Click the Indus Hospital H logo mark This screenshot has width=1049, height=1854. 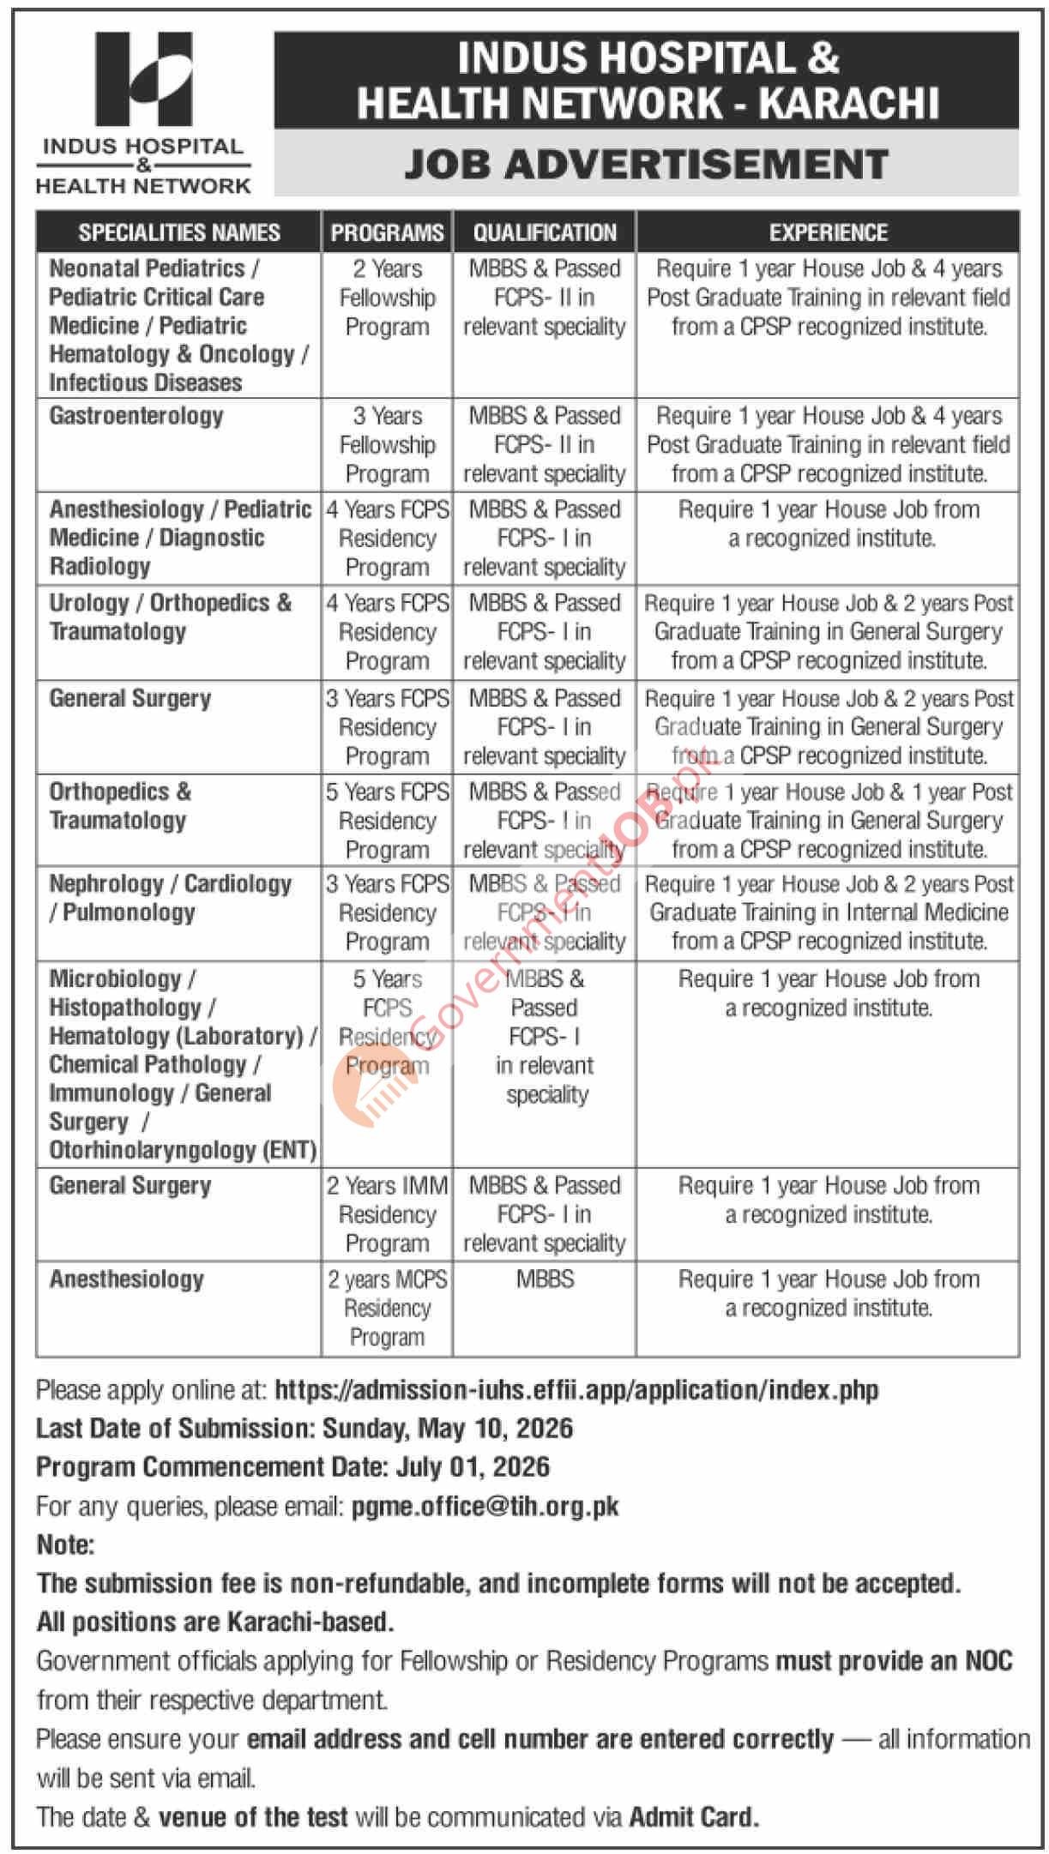[x=143, y=79]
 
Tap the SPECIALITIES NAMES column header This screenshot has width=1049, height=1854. [x=179, y=232]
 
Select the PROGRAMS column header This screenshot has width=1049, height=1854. [x=387, y=232]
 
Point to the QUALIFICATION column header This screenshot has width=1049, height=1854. [x=545, y=232]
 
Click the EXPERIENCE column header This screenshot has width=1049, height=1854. [x=828, y=232]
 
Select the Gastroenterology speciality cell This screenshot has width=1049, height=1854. [x=136, y=417]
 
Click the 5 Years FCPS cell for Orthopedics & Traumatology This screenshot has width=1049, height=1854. [x=387, y=821]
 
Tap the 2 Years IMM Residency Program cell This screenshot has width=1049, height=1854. [x=387, y=1214]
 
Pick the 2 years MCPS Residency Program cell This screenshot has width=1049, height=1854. [x=387, y=1308]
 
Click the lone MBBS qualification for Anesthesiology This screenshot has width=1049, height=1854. [x=545, y=1279]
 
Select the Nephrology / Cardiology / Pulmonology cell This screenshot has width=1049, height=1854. [x=170, y=898]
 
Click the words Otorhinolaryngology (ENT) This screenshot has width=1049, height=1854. [x=183, y=1150]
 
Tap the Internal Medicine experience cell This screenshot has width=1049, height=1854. [x=828, y=912]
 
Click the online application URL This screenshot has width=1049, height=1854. [x=576, y=1390]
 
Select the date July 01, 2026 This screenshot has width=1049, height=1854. [x=473, y=1467]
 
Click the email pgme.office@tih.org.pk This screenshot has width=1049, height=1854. [x=485, y=1507]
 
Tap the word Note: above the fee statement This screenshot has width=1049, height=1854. [x=65, y=1545]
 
